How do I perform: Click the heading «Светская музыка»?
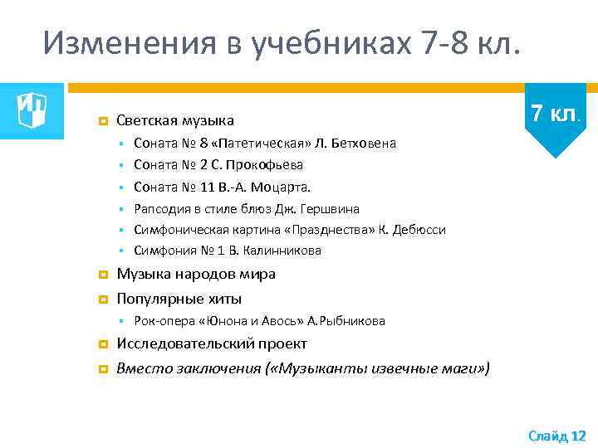[x=174, y=121]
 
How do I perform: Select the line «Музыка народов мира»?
[x=196, y=274]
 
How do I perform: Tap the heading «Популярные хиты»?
[x=179, y=299]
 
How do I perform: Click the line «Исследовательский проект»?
[x=212, y=343]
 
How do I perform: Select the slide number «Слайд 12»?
[x=556, y=435]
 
